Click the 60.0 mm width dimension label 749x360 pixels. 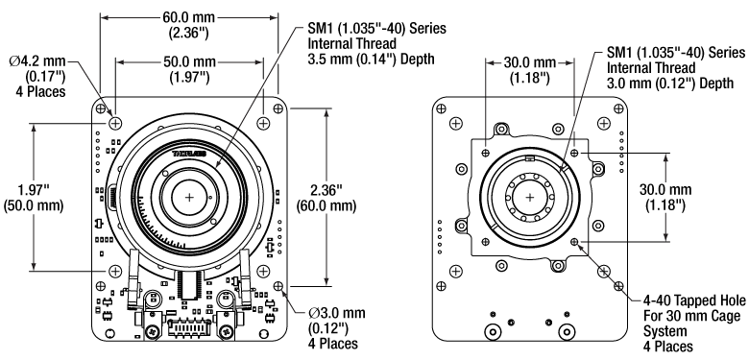[x=188, y=17]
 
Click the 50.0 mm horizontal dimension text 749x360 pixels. [x=188, y=62]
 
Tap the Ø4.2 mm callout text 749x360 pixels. [x=38, y=61]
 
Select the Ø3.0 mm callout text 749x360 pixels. [x=337, y=313]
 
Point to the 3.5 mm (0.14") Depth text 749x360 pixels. [x=372, y=59]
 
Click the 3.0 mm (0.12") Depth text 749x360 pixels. [x=670, y=83]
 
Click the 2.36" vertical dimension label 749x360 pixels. [x=326, y=190]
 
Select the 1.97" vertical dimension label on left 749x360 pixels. [x=34, y=190]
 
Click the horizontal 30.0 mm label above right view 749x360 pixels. [x=530, y=62]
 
